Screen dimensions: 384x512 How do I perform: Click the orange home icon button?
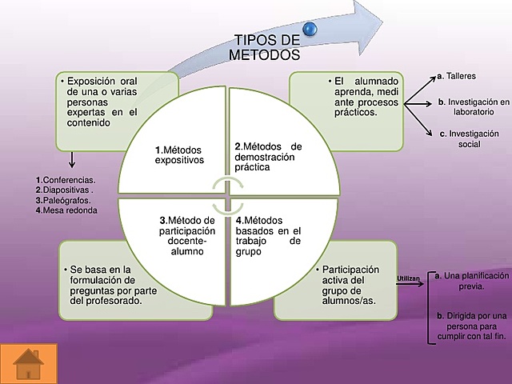pos(29,362)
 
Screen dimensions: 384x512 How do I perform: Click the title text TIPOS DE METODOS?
pos(266,48)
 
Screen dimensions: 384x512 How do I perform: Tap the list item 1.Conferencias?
pos(66,180)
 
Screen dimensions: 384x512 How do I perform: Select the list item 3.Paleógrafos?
pos(63,200)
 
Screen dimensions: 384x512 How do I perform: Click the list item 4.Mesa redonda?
pos(66,210)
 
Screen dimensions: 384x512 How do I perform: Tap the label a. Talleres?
pos(457,77)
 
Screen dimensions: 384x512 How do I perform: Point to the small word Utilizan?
pos(408,277)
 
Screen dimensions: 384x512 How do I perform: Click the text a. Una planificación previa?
pos(471,280)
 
